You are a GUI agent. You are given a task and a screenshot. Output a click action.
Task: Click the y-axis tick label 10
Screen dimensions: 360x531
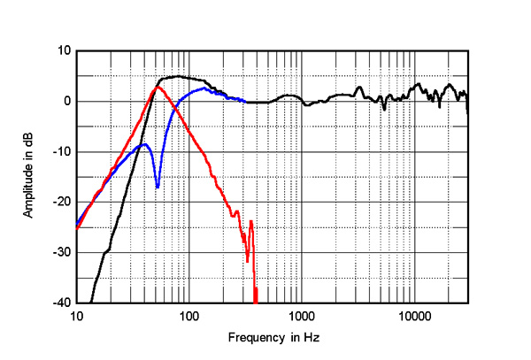point(63,50)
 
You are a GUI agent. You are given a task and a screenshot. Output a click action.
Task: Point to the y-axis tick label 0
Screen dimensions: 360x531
point(66,101)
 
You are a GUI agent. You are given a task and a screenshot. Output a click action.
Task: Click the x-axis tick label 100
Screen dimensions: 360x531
point(189,316)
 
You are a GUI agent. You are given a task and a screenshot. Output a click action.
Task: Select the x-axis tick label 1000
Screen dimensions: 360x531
point(302,316)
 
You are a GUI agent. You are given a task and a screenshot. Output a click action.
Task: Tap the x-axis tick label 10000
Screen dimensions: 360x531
point(413,316)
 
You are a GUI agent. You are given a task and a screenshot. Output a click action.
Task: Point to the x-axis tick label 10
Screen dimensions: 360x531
point(77,316)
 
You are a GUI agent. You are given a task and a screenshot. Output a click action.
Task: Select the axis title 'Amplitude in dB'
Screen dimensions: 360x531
point(29,176)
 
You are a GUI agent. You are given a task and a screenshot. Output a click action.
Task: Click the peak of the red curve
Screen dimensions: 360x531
point(158,87)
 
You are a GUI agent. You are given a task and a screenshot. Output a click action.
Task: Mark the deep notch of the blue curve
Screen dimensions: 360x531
point(158,187)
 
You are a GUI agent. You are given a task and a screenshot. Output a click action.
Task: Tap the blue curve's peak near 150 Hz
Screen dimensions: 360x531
point(204,88)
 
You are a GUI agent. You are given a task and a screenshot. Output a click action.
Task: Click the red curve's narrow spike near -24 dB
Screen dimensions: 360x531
point(251,221)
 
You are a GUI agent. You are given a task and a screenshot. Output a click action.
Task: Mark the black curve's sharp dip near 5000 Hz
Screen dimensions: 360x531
point(383,109)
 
